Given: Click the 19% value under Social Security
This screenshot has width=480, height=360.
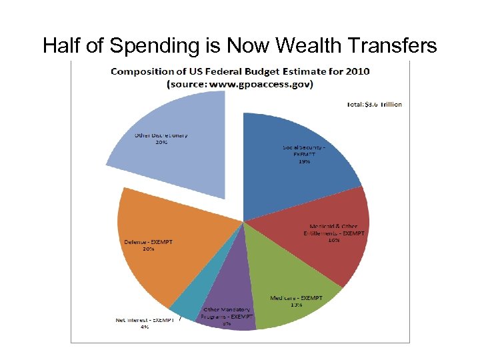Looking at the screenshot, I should (x=305, y=161).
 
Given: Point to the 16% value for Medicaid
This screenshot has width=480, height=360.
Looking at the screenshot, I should (x=333, y=241).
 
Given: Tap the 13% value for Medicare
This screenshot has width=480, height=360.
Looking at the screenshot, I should (x=295, y=305).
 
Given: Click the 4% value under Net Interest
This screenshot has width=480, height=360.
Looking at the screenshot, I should (x=145, y=327).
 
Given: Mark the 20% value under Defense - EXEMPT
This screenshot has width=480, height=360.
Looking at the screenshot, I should (x=148, y=249).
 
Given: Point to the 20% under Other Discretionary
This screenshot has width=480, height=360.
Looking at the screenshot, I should (x=161, y=143).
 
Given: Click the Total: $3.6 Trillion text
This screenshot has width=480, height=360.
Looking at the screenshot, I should (x=374, y=104).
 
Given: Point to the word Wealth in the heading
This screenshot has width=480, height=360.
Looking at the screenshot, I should (x=303, y=45).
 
